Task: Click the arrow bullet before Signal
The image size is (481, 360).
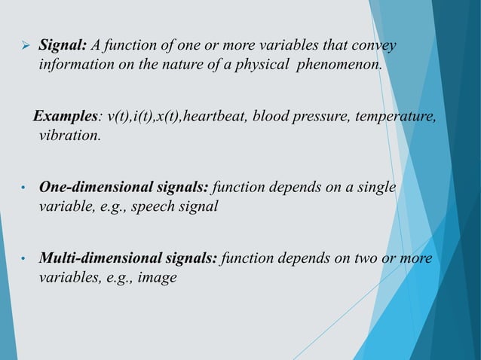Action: [23, 49]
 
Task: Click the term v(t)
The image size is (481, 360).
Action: [119, 118]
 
